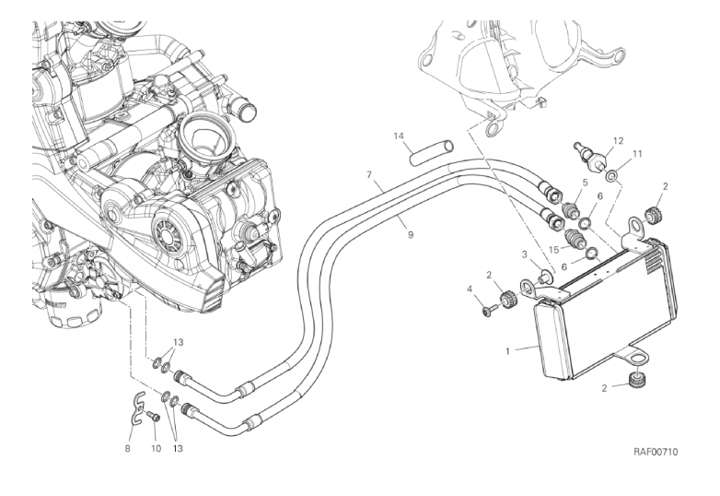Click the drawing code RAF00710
(656, 452)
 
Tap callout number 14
(400, 136)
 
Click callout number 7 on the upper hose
(368, 173)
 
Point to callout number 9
(410, 234)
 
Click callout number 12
(618, 140)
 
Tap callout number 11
(636, 154)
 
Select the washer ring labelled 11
(612, 171)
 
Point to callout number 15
(554, 249)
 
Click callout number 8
(128, 449)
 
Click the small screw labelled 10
(154, 417)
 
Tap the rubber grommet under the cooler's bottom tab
(634, 381)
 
